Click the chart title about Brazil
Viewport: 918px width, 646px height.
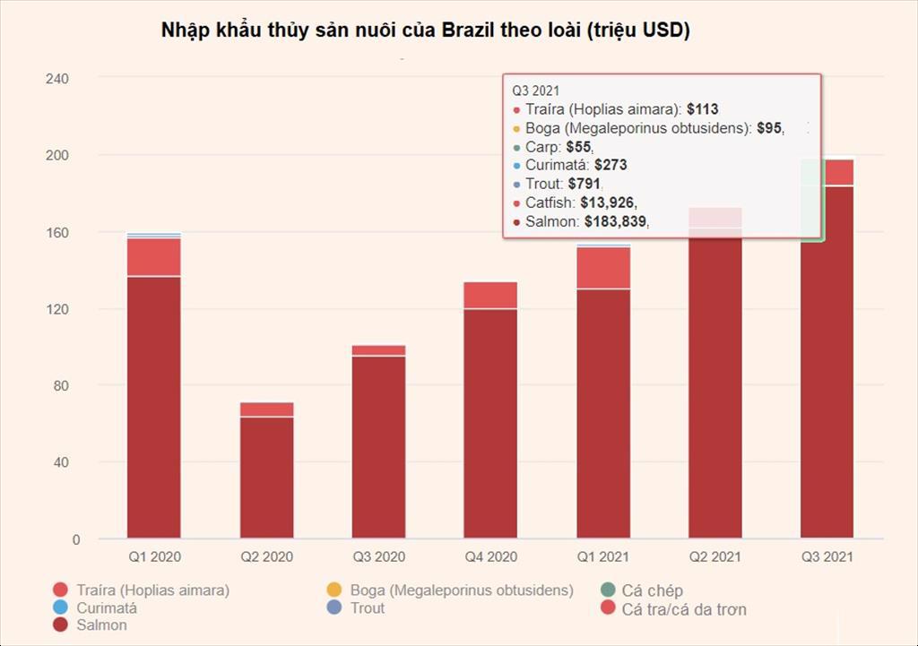[425, 30]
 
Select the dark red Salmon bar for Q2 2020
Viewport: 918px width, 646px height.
[266, 478]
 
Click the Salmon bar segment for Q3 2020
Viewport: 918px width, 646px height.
[378, 447]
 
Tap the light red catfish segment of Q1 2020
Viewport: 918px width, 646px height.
[153, 256]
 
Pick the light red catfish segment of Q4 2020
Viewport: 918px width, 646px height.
[490, 295]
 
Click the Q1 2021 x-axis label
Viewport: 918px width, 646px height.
[602, 556]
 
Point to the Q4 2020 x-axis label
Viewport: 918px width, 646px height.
[490, 556]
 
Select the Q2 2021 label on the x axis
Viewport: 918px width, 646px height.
[714, 556]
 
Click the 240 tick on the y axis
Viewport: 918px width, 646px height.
[56, 79]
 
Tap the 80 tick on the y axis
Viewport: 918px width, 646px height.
[60, 385]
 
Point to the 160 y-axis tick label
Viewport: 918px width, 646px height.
[56, 232]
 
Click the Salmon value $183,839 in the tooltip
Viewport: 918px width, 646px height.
[616, 221]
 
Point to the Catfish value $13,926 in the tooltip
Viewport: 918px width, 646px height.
[609, 202]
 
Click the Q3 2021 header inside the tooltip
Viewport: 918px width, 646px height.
[536, 90]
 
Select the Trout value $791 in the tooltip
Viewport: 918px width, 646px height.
[585, 184]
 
